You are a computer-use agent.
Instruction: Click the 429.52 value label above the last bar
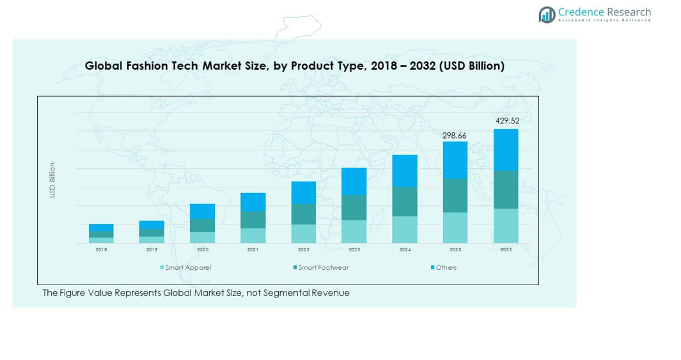pyautogui.click(x=506, y=121)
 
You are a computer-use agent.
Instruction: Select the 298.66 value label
pyautogui.click(x=455, y=136)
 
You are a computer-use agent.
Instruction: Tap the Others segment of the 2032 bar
pyautogui.click(x=506, y=150)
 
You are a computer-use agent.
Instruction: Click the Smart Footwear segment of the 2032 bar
pyautogui.click(x=506, y=189)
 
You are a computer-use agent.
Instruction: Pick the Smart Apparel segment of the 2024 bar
pyautogui.click(x=405, y=230)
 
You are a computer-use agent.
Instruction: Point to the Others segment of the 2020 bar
pyautogui.click(x=202, y=212)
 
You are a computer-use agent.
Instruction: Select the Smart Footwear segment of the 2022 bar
pyautogui.click(x=304, y=214)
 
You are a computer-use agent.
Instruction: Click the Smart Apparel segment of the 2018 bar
pyautogui.click(x=101, y=240)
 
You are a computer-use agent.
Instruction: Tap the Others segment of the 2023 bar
pyautogui.click(x=354, y=182)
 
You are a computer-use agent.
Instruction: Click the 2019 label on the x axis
pyautogui.click(x=152, y=250)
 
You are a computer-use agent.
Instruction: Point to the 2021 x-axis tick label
pyautogui.click(x=253, y=250)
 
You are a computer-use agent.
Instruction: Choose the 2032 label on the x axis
pyautogui.click(x=506, y=250)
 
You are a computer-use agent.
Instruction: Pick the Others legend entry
pyautogui.click(x=444, y=267)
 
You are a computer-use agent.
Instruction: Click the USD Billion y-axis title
pyautogui.click(x=52, y=180)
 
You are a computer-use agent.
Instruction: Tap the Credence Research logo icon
pyautogui.click(x=547, y=15)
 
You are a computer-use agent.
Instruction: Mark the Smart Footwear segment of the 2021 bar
pyautogui.click(x=253, y=220)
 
